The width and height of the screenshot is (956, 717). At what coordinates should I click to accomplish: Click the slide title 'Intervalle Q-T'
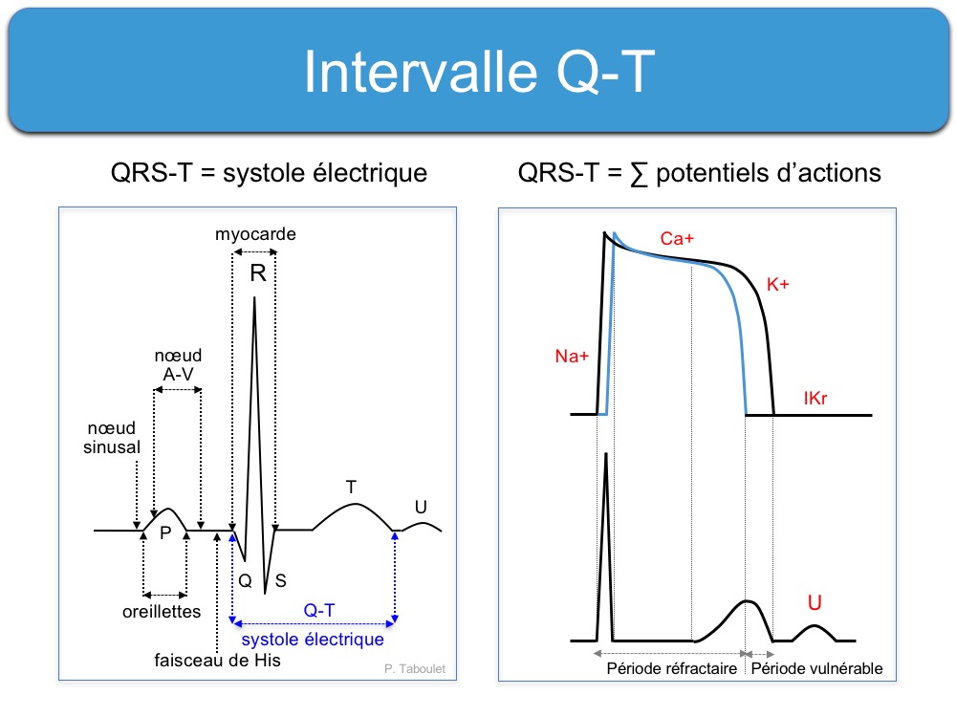coord(479,72)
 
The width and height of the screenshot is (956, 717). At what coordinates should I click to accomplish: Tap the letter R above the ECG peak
coord(258,273)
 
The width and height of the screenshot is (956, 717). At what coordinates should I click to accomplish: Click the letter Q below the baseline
coord(245,580)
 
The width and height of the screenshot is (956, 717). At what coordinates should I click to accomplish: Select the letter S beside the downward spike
coord(280,580)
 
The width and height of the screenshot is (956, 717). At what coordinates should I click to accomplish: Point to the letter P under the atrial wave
coord(165,532)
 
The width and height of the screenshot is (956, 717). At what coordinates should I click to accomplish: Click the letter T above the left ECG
coord(351,488)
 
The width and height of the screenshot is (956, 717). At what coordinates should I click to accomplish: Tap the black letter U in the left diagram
coord(421,507)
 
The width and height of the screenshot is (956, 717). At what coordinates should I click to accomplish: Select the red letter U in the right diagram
coord(815,602)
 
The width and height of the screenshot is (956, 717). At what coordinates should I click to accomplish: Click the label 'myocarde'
coord(255,234)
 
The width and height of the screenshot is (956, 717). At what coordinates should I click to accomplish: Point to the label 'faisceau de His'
coord(218,661)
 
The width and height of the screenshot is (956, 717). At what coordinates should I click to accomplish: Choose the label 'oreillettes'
coord(162,612)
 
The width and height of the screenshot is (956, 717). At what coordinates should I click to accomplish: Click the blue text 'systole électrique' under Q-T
coord(313,639)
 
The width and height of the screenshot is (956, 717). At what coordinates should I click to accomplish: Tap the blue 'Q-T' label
coord(319,610)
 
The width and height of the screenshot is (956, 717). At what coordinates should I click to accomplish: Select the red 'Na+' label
coord(572,356)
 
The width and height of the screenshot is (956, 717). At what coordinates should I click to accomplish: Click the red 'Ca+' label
coord(677,238)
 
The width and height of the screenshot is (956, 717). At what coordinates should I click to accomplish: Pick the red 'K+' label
coord(778,284)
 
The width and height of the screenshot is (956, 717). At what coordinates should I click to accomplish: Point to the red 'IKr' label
coord(815,398)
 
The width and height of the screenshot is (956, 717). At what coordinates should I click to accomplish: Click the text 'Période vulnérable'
coord(817,669)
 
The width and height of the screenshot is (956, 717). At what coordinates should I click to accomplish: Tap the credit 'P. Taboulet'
coord(415,669)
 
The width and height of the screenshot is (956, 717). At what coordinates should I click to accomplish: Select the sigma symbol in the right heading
coord(639,174)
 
